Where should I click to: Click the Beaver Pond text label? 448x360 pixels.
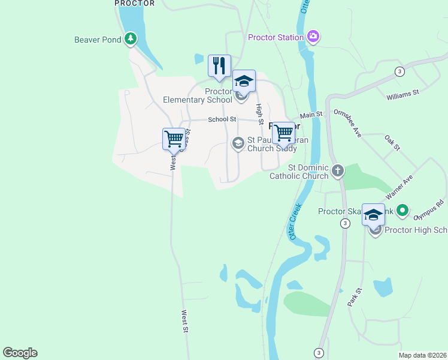coord(98,40)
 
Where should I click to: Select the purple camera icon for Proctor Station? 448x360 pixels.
coord(313,37)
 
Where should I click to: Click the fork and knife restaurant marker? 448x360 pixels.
coord(219,66)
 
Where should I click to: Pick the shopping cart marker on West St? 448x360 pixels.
coord(174,139)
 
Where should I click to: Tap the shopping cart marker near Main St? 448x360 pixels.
coord(284,133)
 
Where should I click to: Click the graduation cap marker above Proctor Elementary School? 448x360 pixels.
coord(244,81)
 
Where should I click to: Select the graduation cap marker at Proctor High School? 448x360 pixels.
coord(373,215)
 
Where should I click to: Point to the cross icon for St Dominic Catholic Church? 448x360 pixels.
coord(338,171)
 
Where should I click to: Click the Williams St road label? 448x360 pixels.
coord(402,94)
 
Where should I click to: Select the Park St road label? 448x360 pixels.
coord(355,298)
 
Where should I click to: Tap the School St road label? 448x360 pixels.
coord(222,119)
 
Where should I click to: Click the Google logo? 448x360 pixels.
coord(20,353)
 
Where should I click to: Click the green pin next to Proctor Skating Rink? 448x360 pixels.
coord(403,211)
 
